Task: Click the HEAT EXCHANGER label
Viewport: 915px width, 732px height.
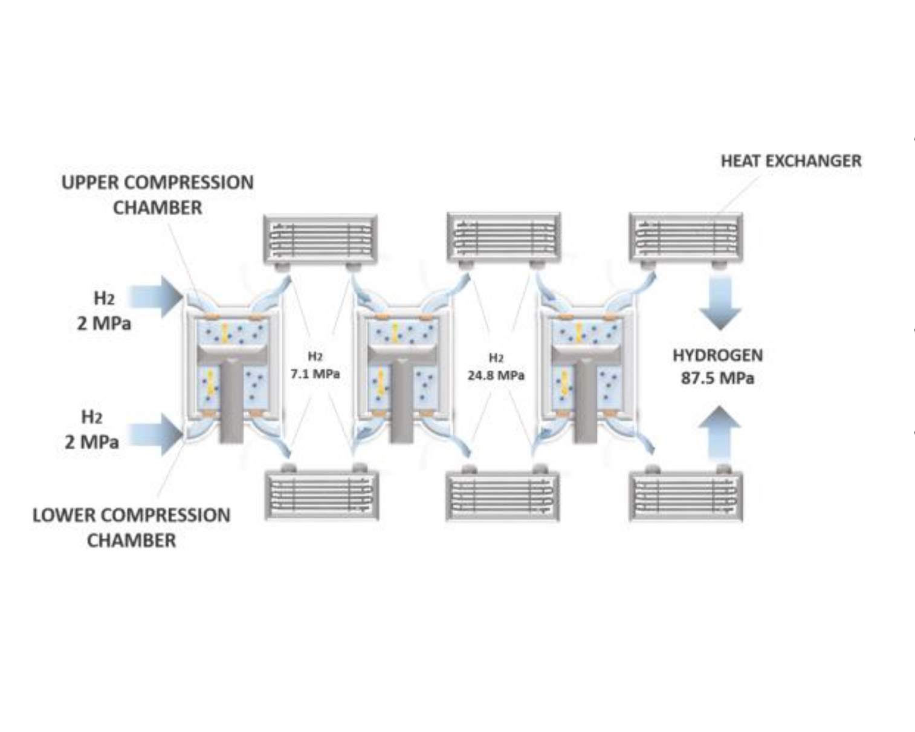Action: (791, 161)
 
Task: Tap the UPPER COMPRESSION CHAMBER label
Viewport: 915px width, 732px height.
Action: (158, 195)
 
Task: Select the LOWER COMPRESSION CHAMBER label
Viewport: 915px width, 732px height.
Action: (131, 527)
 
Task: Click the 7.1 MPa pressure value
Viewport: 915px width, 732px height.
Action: (315, 374)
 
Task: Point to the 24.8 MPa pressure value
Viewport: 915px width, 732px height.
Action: (496, 375)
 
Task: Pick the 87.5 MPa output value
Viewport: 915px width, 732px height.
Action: (717, 378)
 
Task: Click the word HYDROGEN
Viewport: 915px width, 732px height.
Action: (717, 355)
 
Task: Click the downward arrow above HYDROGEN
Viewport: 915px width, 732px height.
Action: (720, 302)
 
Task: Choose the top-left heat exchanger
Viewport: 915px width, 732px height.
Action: (321, 238)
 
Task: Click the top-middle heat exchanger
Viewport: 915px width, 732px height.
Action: (503, 236)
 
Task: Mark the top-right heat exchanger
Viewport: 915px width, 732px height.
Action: (686, 237)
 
